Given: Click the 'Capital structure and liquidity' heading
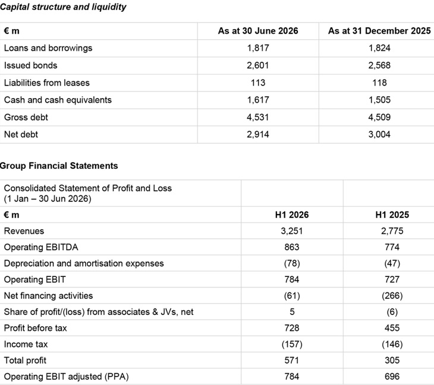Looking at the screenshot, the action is pyautogui.click(x=63, y=7).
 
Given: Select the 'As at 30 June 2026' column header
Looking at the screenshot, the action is pyautogui.click(x=258, y=31).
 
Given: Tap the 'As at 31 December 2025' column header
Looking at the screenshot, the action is pyautogui.click(x=379, y=31).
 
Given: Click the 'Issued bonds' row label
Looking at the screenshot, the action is pyautogui.click(x=31, y=65).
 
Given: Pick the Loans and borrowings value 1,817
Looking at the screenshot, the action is pyautogui.click(x=258, y=48).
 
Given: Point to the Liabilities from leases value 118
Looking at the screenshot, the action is pyautogui.click(x=379, y=83).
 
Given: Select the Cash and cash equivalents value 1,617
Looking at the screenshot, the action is pyautogui.click(x=258, y=100).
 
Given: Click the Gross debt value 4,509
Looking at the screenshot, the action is pyautogui.click(x=379, y=117).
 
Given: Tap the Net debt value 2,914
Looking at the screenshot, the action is pyautogui.click(x=258, y=134).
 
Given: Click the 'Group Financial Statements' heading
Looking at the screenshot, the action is pyautogui.click(x=59, y=166).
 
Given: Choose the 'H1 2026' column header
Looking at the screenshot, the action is pyautogui.click(x=292, y=215).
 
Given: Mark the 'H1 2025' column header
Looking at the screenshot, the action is pyautogui.click(x=392, y=215).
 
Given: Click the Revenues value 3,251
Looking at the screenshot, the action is pyautogui.click(x=292, y=231).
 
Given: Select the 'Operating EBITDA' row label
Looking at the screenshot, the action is pyautogui.click(x=41, y=247).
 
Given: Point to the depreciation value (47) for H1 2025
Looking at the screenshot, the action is pyautogui.click(x=392, y=263).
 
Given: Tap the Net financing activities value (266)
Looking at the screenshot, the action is pyautogui.click(x=392, y=296).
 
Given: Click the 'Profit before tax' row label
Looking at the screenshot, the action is pyautogui.click(x=36, y=328).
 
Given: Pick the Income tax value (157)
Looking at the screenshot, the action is pyautogui.click(x=292, y=344).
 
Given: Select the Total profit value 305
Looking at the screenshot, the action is pyautogui.click(x=392, y=361).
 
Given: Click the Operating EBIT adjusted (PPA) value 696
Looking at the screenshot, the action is pyautogui.click(x=392, y=377).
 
